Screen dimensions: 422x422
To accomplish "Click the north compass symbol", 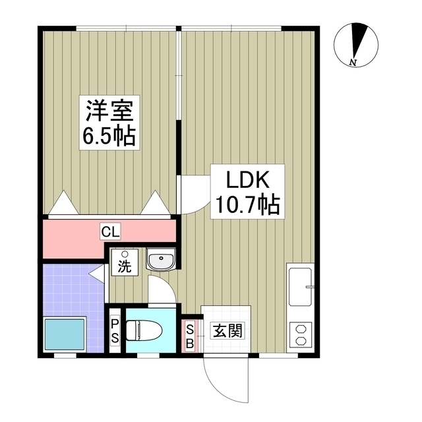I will [357, 44].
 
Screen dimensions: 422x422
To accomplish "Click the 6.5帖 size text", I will [108, 136].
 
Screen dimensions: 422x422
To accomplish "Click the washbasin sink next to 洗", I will [160, 261].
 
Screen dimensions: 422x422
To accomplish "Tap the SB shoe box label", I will [190, 336].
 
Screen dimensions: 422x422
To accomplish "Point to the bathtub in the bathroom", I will [64, 335].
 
